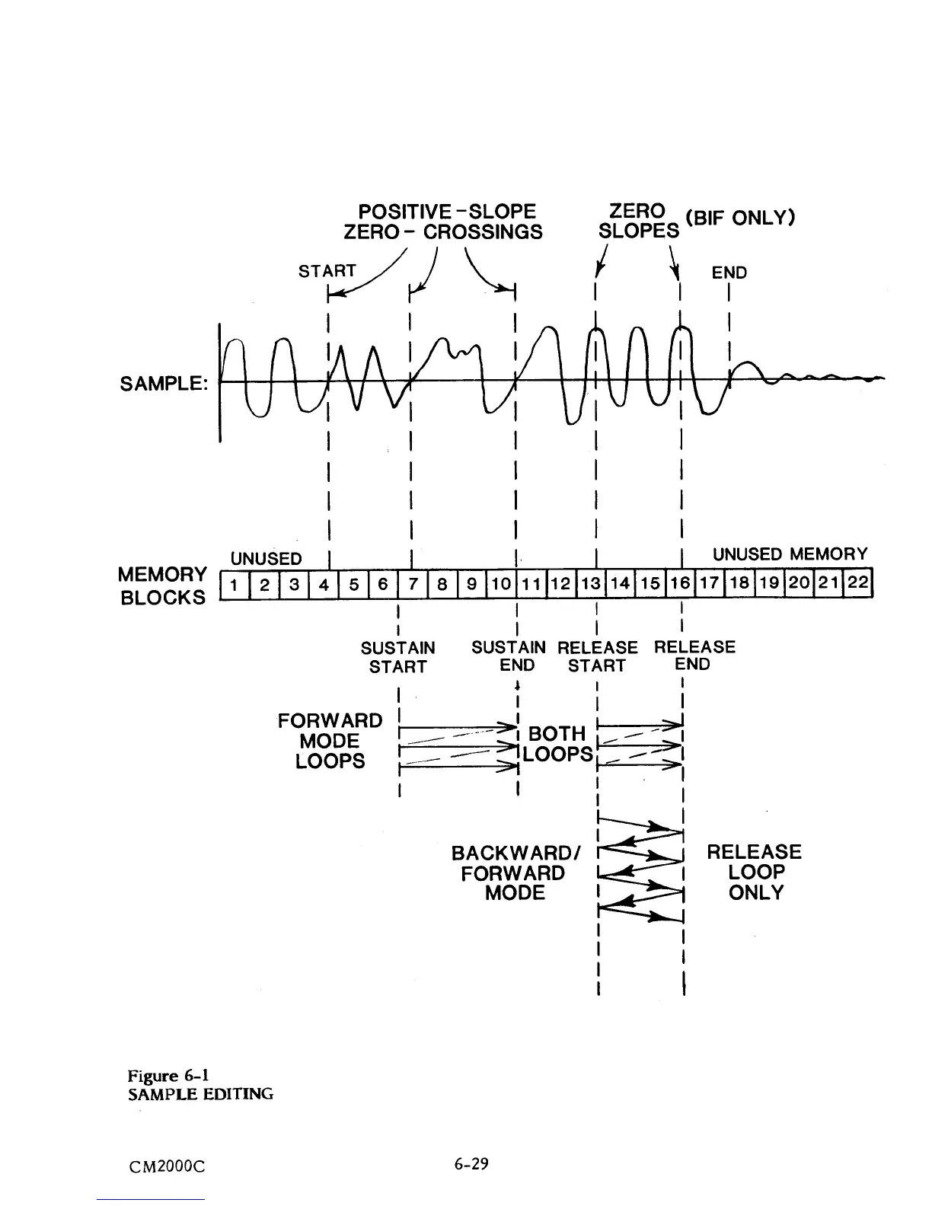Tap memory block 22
(x=859, y=585)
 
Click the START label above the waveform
(x=327, y=271)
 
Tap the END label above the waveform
(x=729, y=273)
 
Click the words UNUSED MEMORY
(x=790, y=554)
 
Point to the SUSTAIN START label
(x=397, y=657)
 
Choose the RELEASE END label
(x=694, y=656)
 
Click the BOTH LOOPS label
(x=558, y=744)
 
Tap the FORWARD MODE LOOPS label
(x=330, y=741)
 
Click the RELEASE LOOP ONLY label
(x=755, y=873)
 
